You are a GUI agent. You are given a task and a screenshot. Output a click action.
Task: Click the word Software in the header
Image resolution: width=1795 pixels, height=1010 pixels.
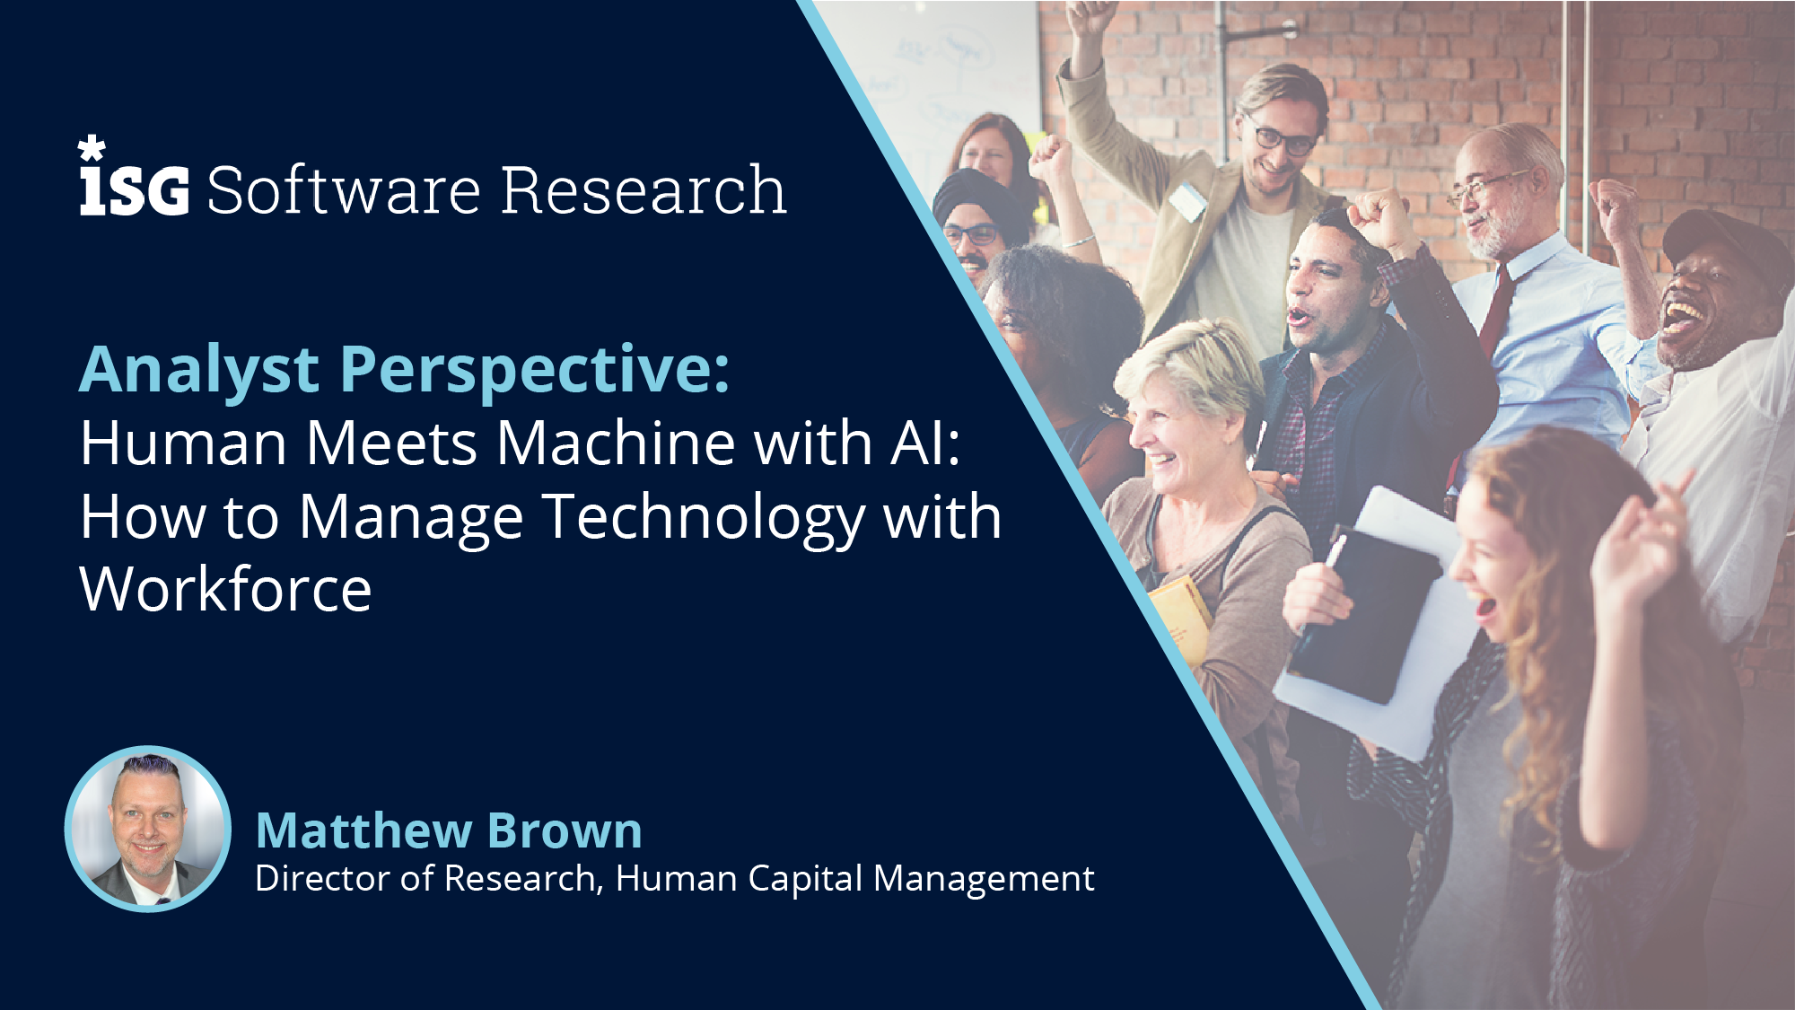(x=345, y=189)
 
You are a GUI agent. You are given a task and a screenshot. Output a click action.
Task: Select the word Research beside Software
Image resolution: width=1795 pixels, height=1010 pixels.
(x=644, y=189)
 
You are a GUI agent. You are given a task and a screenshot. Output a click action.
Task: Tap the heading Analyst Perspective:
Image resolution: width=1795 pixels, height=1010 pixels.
(x=405, y=370)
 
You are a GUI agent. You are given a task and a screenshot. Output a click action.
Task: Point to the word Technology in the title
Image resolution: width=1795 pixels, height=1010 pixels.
(x=705, y=518)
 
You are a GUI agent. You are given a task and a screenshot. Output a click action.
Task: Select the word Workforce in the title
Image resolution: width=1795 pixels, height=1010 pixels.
(x=225, y=589)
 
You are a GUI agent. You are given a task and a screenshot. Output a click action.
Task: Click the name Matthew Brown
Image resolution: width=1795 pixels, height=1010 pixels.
(x=449, y=830)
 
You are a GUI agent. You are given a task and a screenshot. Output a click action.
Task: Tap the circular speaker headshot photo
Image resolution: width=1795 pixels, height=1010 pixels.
(x=148, y=829)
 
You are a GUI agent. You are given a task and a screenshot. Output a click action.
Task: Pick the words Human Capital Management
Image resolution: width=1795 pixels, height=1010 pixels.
(x=855, y=879)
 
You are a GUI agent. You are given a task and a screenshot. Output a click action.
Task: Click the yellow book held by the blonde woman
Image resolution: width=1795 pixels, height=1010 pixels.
(x=1179, y=620)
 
